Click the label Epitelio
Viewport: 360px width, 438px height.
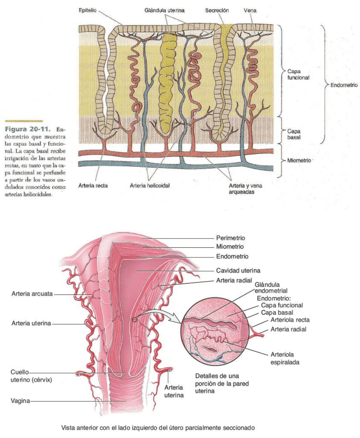[87, 11]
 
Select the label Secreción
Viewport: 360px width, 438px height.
[217, 11]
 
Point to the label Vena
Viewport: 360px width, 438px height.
[250, 11]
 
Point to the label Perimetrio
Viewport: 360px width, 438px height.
[230, 238]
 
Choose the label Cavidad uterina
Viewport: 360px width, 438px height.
[235, 270]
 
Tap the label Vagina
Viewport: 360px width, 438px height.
[20, 401]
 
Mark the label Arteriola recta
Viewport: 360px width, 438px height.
[290, 320]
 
